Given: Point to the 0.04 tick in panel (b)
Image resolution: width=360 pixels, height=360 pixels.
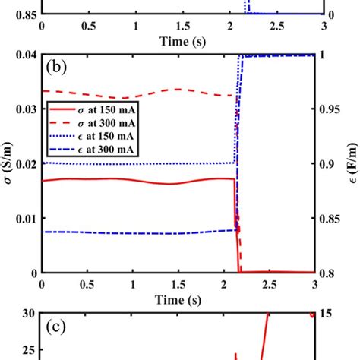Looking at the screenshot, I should [26, 55].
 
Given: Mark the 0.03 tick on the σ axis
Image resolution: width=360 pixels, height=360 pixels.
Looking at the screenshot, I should [26, 109].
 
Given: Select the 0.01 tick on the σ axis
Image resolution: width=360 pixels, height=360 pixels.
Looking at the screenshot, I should [26, 218].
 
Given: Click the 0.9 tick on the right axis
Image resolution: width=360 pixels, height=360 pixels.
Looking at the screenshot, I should [328, 163].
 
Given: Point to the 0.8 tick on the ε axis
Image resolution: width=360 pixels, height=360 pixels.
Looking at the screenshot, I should [328, 273].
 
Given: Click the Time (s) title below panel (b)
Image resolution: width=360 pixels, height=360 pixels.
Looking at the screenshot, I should [183, 298].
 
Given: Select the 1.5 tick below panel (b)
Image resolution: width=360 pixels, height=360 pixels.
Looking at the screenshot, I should [183, 283].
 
